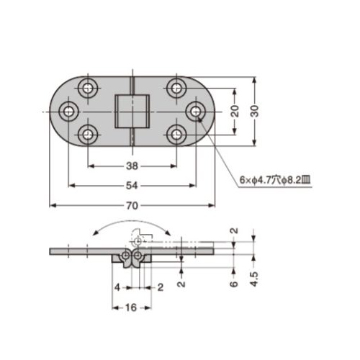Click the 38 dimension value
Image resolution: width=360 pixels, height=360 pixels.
[x=132, y=166]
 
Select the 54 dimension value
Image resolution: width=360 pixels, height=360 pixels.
[x=132, y=186]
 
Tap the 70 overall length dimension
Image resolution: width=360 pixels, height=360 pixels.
[x=132, y=206]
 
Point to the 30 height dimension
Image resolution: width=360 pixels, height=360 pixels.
[x=255, y=111]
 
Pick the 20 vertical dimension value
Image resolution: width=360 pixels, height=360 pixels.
[x=235, y=111]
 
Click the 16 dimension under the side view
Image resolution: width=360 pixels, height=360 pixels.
[x=131, y=307]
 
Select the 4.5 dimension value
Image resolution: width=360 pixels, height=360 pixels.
[x=254, y=279]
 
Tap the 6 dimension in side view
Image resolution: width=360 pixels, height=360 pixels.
[x=234, y=284]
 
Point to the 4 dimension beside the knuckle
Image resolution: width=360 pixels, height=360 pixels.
[x=117, y=287]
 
